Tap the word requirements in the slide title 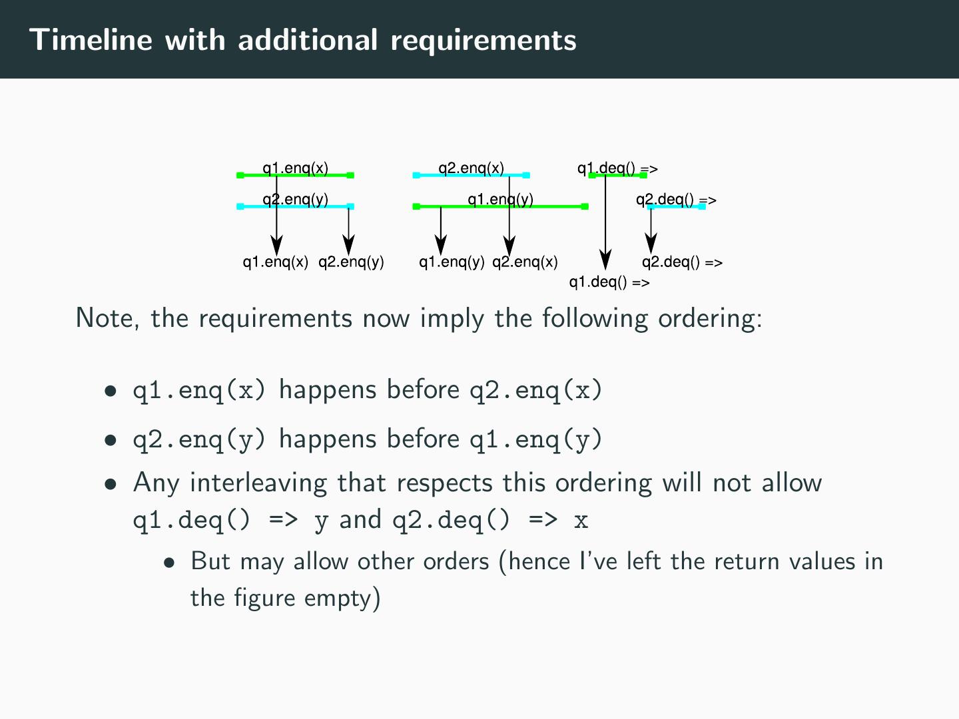click(483, 40)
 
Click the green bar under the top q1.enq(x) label click(313, 176)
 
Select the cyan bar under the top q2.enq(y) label click(313, 206)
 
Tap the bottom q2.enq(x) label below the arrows click(525, 262)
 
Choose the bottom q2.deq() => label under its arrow click(682, 262)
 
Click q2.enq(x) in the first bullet click(535, 390)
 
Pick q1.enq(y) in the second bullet click(535, 439)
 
